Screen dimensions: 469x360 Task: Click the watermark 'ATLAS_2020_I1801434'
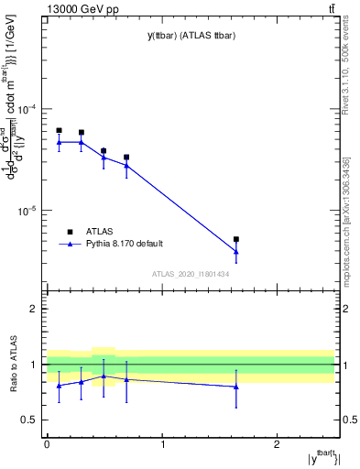click(x=191, y=274)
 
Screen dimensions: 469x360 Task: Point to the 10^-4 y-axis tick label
click(x=27, y=109)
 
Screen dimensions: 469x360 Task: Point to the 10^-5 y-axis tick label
click(x=27, y=210)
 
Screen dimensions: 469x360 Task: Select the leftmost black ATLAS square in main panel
click(x=59, y=130)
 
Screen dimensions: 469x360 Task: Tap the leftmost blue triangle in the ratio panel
click(x=59, y=386)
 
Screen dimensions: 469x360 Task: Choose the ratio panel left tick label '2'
click(x=34, y=309)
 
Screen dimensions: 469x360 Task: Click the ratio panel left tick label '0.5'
click(x=29, y=420)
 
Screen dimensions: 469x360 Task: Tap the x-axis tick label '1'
click(x=162, y=443)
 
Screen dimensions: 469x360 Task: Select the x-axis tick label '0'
click(x=47, y=443)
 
